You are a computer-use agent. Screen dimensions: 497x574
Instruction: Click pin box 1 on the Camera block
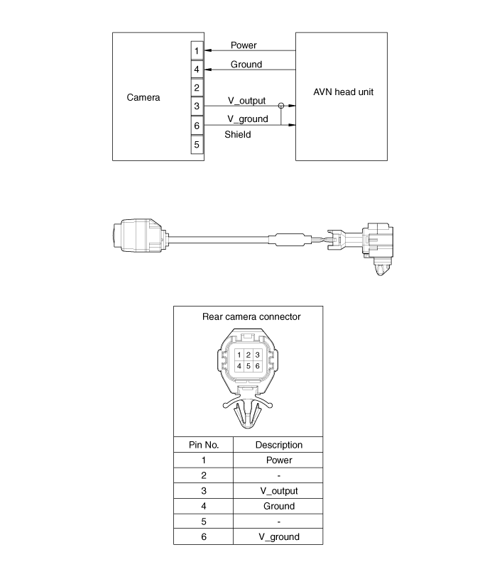[x=197, y=50]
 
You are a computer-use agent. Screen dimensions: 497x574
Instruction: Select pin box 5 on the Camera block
[x=197, y=144]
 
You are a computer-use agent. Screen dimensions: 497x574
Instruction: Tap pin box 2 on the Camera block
[x=197, y=88]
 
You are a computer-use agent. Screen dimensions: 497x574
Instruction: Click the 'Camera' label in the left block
[x=143, y=97]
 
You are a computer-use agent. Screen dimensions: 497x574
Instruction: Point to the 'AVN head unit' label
[x=343, y=92]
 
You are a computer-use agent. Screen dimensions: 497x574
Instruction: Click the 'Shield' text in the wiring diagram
[x=238, y=134]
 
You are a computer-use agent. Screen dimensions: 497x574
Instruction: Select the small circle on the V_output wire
[x=281, y=106]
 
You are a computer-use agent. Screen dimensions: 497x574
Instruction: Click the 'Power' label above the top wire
[x=244, y=45]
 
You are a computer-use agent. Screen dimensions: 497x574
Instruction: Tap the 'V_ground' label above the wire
[x=248, y=119]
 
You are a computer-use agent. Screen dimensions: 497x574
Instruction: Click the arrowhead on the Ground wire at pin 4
[x=207, y=70]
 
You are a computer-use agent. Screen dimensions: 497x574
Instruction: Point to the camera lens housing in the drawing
[x=139, y=236]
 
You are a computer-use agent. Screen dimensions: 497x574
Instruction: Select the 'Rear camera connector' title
[x=251, y=316]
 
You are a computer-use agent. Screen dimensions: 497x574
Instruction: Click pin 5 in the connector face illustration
[x=248, y=366]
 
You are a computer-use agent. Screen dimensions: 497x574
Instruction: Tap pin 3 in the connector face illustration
[x=258, y=355]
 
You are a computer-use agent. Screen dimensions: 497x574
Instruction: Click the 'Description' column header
[x=279, y=445]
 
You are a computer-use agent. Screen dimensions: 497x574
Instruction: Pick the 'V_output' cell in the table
[x=279, y=491]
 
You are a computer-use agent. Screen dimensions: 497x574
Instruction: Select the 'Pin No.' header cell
[x=204, y=445]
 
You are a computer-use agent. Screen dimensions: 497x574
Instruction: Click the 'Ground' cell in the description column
[x=279, y=507]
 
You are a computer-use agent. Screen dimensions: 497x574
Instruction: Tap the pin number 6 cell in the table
[x=204, y=536]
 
